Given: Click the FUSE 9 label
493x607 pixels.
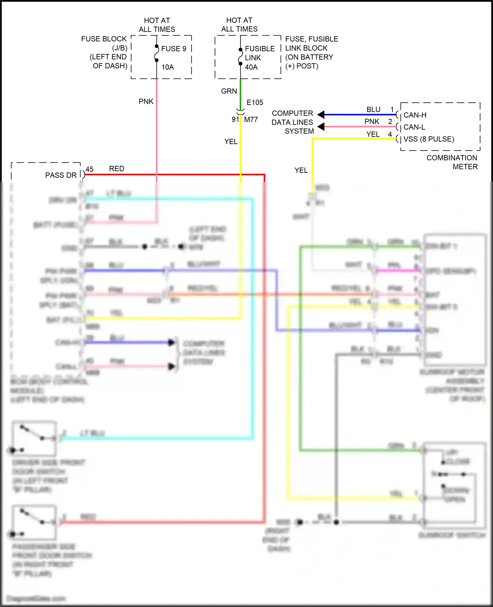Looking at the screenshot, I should [x=174, y=49].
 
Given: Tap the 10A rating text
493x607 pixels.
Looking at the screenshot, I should [x=167, y=67].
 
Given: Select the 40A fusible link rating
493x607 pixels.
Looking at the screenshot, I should [x=251, y=67].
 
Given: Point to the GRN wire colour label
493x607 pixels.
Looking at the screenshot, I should [x=229, y=91].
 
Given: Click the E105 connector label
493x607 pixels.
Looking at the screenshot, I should [x=255, y=103].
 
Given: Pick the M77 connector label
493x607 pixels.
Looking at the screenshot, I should [x=251, y=120].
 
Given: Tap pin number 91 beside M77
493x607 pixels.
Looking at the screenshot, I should [x=235, y=119].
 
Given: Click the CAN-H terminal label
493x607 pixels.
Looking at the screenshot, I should [x=415, y=115].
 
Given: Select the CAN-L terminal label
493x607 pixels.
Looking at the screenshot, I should [x=414, y=127].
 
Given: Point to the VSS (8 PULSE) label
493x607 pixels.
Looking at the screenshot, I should [x=429, y=139].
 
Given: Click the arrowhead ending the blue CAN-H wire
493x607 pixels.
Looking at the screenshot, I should [x=321, y=114].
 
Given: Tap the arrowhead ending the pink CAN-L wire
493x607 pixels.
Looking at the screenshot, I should [x=321, y=127].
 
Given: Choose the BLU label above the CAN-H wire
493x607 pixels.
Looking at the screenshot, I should [x=373, y=109].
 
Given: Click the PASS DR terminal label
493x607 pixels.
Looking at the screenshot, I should [x=61, y=175].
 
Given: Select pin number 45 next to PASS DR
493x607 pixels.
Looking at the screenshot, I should [x=89, y=169].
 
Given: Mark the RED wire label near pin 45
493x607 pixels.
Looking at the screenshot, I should [x=117, y=169].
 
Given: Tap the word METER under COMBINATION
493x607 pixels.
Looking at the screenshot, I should [x=465, y=167].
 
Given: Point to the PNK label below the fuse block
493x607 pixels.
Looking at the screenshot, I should [x=146, y=102].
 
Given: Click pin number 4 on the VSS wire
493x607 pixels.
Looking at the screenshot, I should [x=390, y=134].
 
